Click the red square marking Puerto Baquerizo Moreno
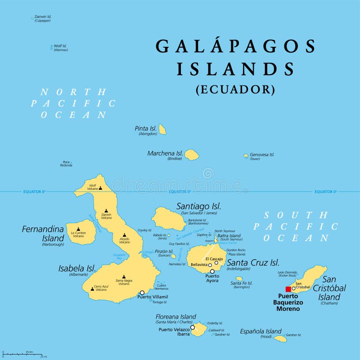[288, 289]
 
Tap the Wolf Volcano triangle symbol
[100, 188]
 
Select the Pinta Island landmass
[162, 130]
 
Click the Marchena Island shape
[192, 155]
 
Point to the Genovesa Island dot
[246, 156]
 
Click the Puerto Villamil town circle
[142, 292]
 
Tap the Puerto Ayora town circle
[212, 271]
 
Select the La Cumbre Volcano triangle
[78, 229]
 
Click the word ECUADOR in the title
[235, 90]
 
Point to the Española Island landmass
[280, 338]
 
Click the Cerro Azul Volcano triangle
[93, 288]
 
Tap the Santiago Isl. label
[198, 206]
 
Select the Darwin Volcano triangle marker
[106, 211]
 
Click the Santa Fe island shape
[239, 279]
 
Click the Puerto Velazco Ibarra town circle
[193, 328]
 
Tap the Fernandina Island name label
[43, 233]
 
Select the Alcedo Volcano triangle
[125, 235]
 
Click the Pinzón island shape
[173, 256]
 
